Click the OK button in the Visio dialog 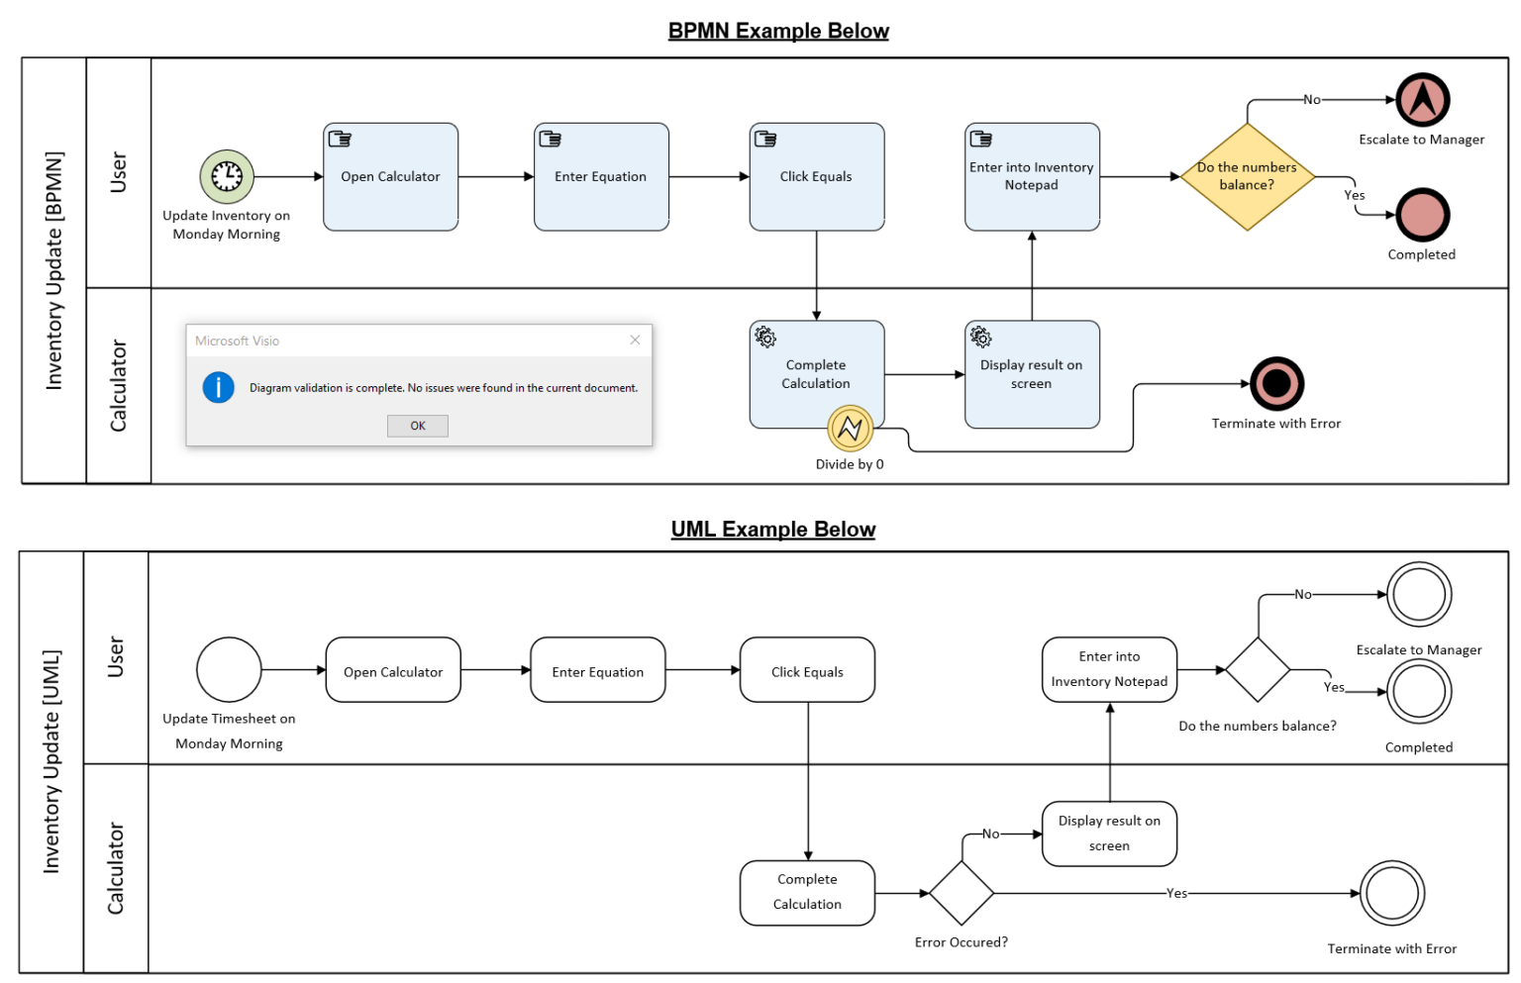(417, 426)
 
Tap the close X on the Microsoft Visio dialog (635, 340)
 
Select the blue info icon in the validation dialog (218, 387)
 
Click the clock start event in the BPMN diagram (227, 176)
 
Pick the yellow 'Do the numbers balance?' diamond (1247, 176)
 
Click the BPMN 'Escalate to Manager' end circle (1422, 100)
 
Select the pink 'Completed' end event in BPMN (1422, 215)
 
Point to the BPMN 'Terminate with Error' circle (1276, 383)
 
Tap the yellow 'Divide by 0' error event (850, 429)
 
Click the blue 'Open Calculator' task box (390, 177)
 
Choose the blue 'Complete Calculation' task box (816, 374)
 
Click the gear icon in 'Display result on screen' (980, 338)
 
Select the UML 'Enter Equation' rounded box (597, 670)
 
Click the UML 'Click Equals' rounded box (807, 670)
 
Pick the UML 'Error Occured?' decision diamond (961, 893)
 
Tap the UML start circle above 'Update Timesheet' (229, 669)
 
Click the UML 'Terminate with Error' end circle (1391, 893)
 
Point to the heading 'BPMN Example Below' (778, 31)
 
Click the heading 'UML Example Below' (772, 530)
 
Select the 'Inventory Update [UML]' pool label (51, 761)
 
